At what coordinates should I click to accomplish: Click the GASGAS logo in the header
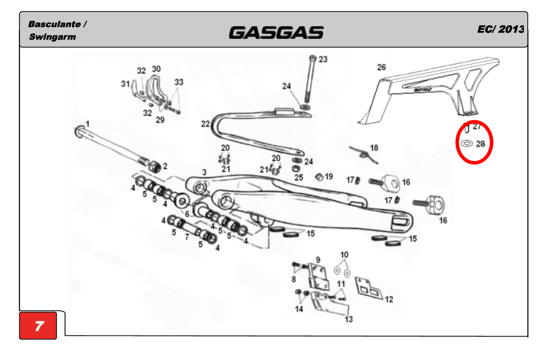pyautogui.click(x=276, y=33)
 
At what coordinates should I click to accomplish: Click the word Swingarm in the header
pyautogui.click(x=53, y=37)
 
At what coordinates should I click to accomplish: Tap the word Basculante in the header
pyautogui.click(x=54, y=24)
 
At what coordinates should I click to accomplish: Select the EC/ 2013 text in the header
pyautogui.click(x=500, y=30)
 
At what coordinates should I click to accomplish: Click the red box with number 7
pyautogui.click(x=38, y=325)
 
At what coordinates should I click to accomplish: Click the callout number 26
pyautogui.click(x=382, y=67)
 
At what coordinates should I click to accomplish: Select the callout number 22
pyautogui.click(x=206, y=124)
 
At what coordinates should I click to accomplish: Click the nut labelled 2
pyautogui.click(x=155, y=167)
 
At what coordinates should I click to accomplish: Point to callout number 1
pyautogui.click(x=88, y=124)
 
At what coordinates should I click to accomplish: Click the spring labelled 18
pyautogui.click(x=364, y=155)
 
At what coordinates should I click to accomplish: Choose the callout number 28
pyautogui.click(x=480, y=144)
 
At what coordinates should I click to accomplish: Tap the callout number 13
pyautogui.click(x=348, y=319)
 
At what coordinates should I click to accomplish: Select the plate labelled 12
pyautogui.click(x=369, y=289)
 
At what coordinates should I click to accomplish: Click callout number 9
pyautogui.click(x=318, y=260)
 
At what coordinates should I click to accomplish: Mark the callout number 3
pyautogui.click(x=204, y=172)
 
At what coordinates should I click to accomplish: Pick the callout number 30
pyautogui.click(x=156, y=69)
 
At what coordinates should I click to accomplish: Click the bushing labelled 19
pyautogui.click(x=319, y=177)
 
